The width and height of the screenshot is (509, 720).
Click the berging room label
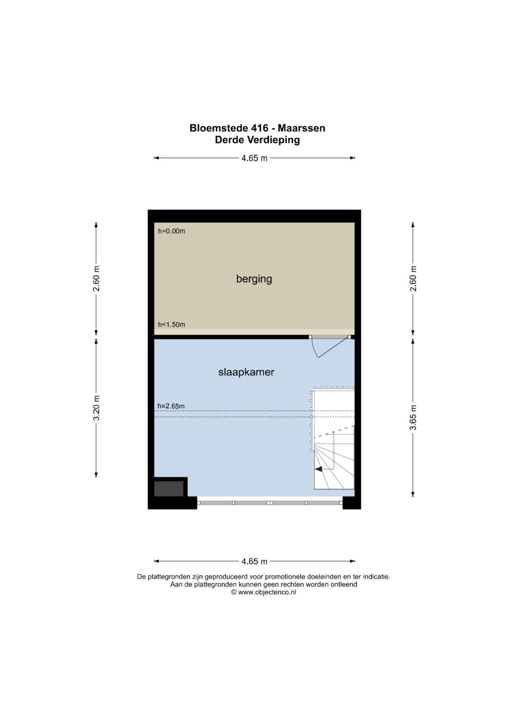point(254,279)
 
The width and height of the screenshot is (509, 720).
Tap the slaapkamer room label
point(246,372)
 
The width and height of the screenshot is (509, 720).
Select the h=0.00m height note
point(171,231)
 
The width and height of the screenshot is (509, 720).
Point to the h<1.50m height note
point(171,324)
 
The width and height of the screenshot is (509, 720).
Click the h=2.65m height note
point(171,406)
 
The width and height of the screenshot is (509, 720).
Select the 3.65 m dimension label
point(413,418)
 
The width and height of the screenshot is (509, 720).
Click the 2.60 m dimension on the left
point(97,278)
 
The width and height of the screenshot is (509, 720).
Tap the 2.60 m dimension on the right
point(413,278)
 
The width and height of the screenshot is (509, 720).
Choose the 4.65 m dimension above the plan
point(254,158)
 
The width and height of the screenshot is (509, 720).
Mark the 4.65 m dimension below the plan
point(254,561)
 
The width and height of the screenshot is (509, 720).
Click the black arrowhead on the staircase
point(319,469)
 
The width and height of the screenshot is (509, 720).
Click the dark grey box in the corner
point(169,488)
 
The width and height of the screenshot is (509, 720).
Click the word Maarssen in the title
point(302,128)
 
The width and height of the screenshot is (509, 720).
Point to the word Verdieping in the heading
point(273,140)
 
